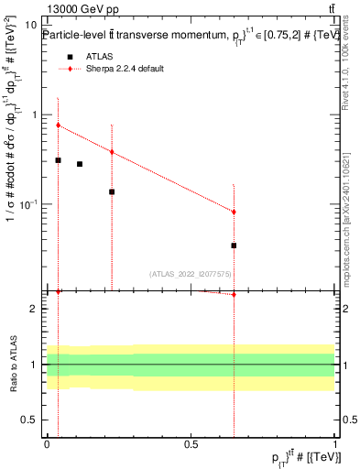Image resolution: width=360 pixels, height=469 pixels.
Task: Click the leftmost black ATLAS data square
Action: click(58, 160)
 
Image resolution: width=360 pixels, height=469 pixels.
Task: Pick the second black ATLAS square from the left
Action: click(80, 164)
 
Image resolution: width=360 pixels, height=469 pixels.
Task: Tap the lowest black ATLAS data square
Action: click(234, 245)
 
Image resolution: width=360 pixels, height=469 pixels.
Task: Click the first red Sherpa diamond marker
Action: click(58, 125)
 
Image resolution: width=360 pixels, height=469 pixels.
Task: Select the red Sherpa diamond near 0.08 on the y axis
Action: click(234, 212)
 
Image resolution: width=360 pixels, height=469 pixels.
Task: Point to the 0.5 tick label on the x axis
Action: click(191, 443)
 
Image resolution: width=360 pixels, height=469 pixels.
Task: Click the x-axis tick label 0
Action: click(47, 443)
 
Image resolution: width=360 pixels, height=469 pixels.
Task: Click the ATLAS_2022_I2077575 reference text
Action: click(191, 273)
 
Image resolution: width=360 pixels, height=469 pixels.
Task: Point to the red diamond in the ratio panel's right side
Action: click(234, 294)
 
